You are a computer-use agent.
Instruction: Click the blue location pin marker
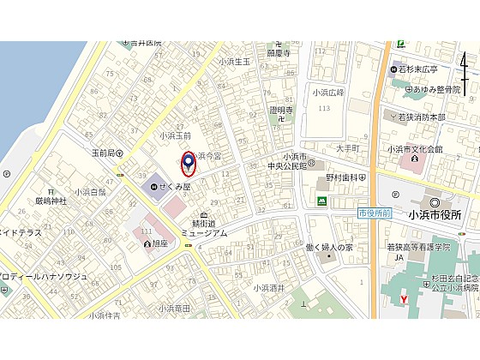(x=189, y=162)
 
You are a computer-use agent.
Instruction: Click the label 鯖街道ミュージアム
(x=203, y=227)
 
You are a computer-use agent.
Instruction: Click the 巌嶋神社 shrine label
(x=51, y=201)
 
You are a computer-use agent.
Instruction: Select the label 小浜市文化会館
(x=415, y=148)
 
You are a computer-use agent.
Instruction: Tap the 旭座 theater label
(x=157, y=243)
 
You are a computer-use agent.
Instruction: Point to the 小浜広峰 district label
(x=327, y=92)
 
